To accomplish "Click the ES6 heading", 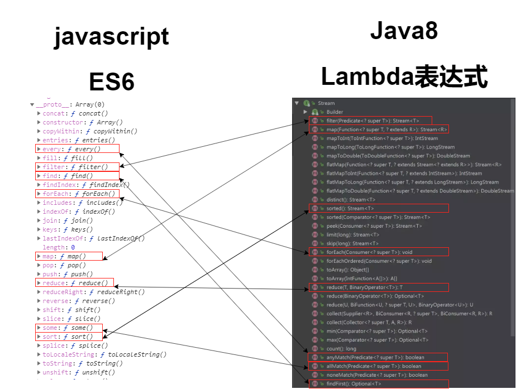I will point(112,83).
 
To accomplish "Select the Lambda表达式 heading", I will point(404,77).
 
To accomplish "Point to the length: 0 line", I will point(58,247).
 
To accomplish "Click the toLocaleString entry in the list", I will point(104,354).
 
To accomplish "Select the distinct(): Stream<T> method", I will point(351,199).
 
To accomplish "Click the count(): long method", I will point(342,348).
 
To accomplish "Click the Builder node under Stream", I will point(335,112).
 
